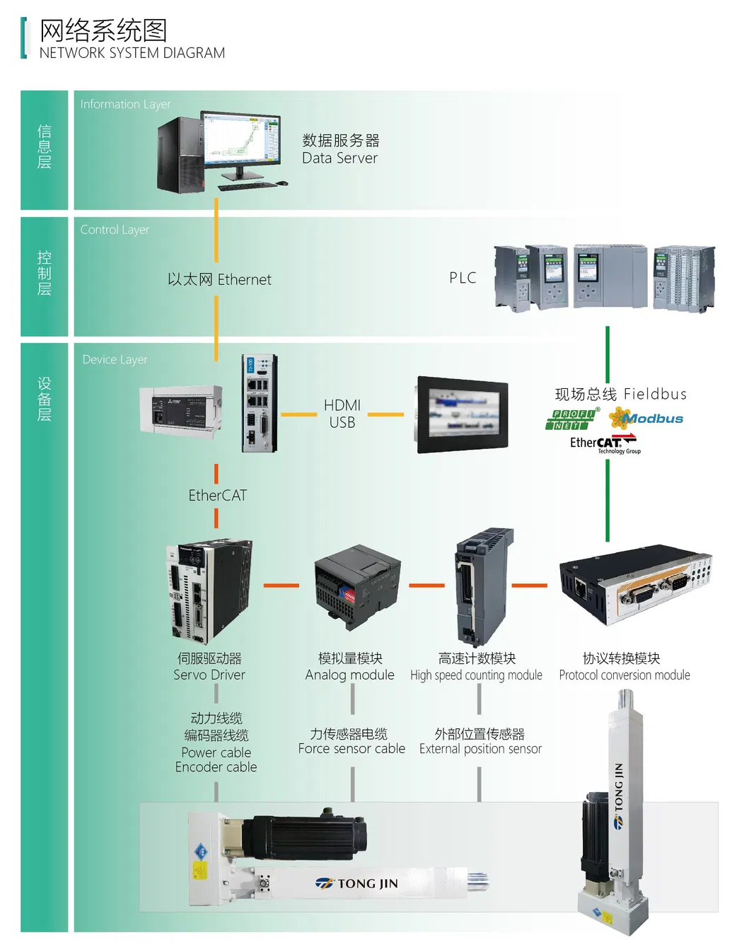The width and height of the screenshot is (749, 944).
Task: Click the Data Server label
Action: click(340, 149)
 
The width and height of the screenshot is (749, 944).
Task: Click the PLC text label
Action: click(463, 278)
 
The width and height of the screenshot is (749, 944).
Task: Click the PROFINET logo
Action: click(572, 419)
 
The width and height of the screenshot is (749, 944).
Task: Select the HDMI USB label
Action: click(342, 414)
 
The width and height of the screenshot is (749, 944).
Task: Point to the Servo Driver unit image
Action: click(209, 590)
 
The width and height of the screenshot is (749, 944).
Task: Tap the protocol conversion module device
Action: click(635, 583)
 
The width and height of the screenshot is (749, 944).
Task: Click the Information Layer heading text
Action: click(125, 105)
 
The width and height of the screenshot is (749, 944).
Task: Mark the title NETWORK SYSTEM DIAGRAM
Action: click(132, 53)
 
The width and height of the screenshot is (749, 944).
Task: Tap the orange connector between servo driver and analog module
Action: click(281, 585)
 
